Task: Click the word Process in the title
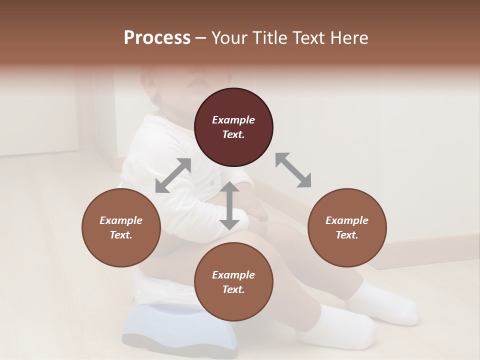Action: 157,38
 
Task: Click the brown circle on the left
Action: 121,227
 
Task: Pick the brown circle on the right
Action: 347,227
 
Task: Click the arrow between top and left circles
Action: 173,175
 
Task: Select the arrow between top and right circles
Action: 293,170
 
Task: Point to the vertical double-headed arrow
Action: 229,205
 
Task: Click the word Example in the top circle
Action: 233,120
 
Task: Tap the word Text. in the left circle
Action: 121,235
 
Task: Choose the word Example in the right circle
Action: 347,220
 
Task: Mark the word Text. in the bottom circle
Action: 233,289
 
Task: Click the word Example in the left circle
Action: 121,220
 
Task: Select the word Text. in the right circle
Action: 347,235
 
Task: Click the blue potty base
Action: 180,327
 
